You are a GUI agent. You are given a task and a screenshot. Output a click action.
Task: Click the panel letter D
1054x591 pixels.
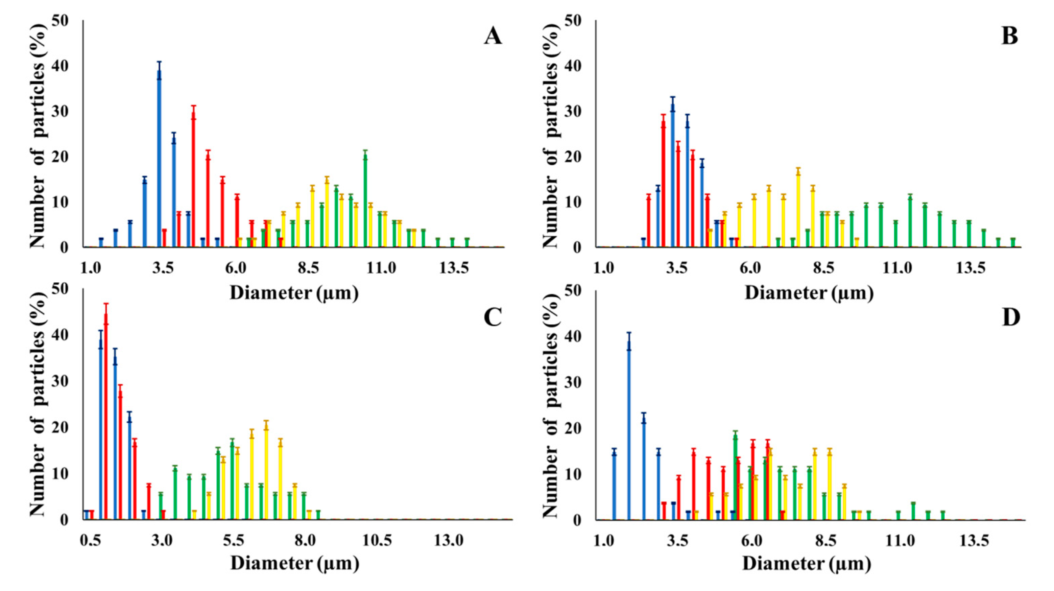tap(1011, 317)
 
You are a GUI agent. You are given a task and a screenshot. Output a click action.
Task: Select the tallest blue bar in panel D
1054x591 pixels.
tap(629, 430)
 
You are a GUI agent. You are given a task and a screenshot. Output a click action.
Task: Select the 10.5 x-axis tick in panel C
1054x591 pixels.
tap(377, 541)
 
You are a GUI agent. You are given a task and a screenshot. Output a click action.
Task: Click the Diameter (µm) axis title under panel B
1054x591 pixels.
tap(809, 293)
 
